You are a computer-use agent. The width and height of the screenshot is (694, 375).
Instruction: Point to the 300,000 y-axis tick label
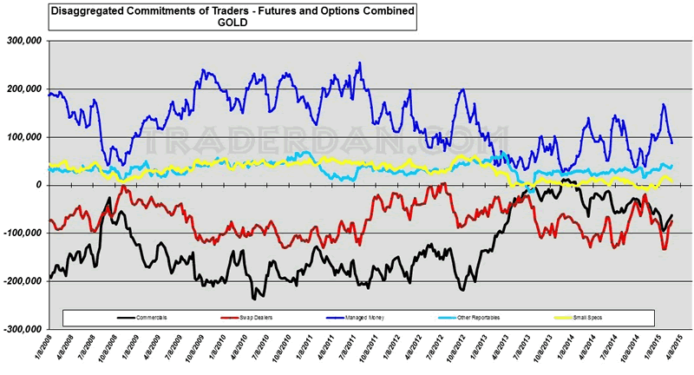pos(27,41)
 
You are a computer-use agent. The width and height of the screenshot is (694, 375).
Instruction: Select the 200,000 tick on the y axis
pos(27,89)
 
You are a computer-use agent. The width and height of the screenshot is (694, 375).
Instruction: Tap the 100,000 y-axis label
pos(27,137)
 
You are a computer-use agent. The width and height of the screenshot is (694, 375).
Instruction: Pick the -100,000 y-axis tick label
pos(25,233)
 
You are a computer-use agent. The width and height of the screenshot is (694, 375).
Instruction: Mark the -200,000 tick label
pos(25,281)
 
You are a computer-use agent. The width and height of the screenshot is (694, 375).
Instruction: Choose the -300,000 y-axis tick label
pos(25,329)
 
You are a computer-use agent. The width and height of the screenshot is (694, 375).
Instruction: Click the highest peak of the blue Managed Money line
pos(359,62)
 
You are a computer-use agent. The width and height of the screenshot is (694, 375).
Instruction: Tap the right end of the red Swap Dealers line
pos(671,222)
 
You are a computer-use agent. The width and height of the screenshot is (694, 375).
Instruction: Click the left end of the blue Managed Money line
pos(49,94)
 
